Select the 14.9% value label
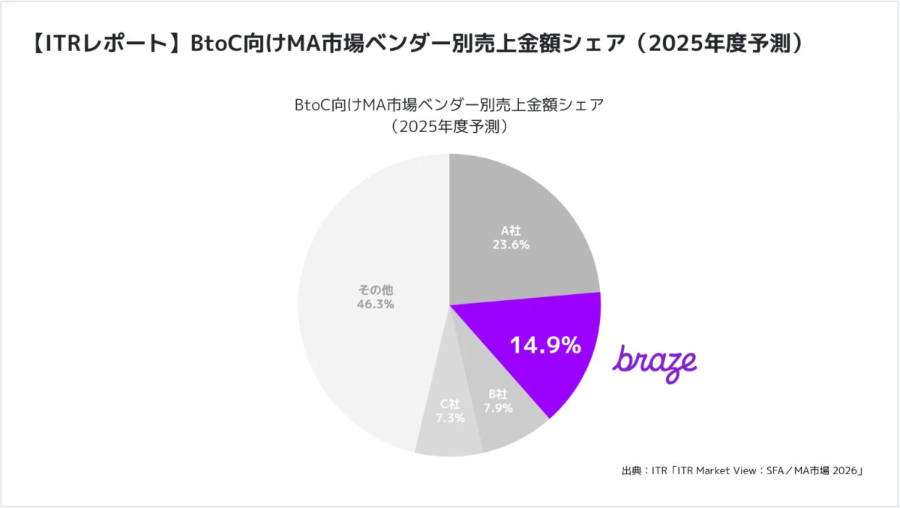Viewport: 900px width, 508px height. point(545,345)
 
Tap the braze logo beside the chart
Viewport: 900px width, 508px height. point(655,364)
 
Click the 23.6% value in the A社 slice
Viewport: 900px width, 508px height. point(511,245)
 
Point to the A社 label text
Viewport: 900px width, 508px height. point(511,230)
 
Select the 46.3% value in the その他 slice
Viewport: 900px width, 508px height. point(375,304)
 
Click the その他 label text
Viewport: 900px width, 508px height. point(375,289)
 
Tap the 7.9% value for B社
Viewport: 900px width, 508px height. point(499,408)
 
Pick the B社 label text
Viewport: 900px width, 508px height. point(499,394)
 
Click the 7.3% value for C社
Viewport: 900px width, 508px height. point(450,418)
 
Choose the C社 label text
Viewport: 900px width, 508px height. point(450,404)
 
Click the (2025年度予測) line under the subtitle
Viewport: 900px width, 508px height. point(450,126)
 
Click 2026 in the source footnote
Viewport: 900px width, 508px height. point(845,471)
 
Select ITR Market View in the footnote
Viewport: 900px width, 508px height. point(720,471)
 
